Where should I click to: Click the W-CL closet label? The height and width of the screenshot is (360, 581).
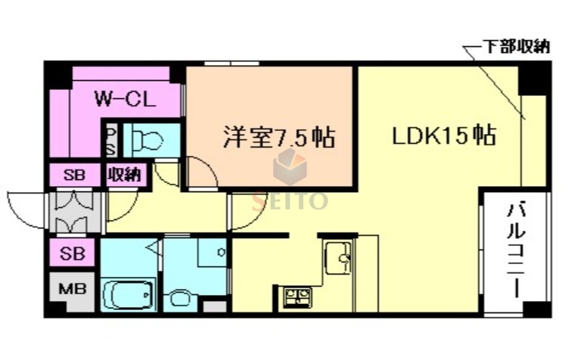pos(125,98)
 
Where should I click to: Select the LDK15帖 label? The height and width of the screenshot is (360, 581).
pos(443,136)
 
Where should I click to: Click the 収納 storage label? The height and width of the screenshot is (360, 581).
pos(123,175)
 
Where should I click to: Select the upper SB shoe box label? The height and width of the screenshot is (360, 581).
pos(74,175)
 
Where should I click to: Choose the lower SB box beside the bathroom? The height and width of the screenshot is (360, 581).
pos(73,252)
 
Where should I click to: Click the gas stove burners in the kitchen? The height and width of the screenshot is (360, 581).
pos(296,296)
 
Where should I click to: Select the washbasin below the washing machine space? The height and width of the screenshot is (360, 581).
pos(181,297)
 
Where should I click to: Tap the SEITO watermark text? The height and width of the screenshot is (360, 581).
pos(290,200)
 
